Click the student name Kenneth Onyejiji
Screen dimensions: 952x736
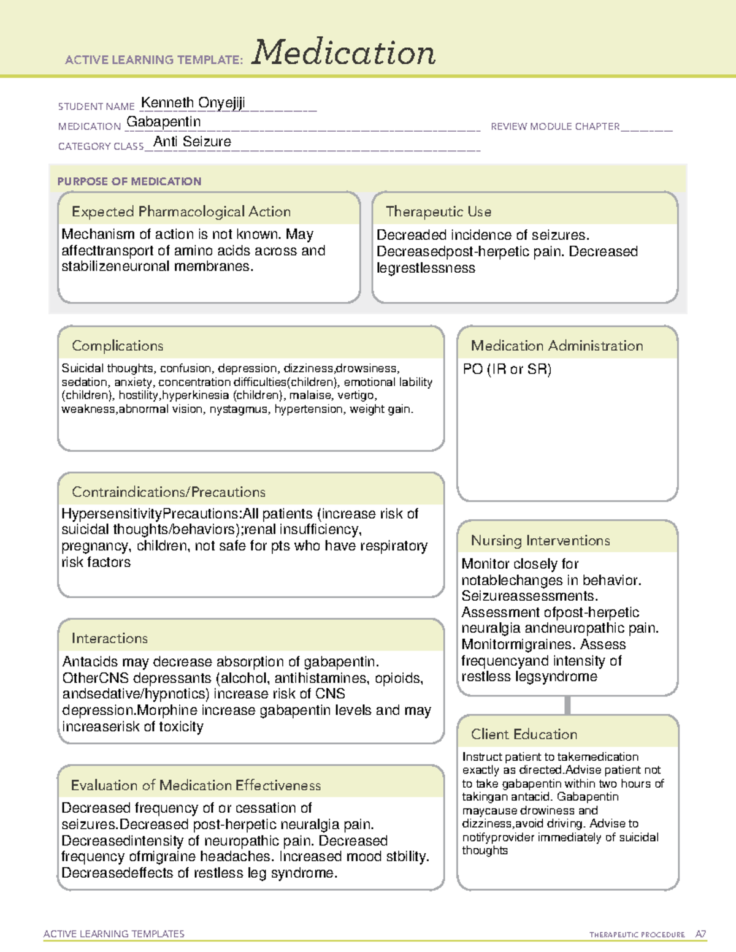[x=193, y=102]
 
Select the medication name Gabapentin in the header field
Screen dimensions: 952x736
[x=163, y=122]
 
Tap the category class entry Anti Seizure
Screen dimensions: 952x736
[x=192, y=142]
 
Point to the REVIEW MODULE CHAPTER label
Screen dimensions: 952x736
[x=555, y=126]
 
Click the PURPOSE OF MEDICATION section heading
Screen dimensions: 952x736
[x=129, y=181]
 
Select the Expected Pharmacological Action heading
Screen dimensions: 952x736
[x=181, y=211]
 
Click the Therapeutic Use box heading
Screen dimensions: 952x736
[x=438, y=211]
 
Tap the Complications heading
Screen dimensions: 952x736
[x=117, y=346]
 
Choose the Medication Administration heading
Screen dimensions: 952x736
[x=556, y=346]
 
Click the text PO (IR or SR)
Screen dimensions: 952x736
[x=507, y=369]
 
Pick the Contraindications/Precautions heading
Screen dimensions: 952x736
[x=168, y=492]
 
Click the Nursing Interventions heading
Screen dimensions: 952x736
[x=540, y=540]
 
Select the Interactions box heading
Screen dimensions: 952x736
[x=109, y=638]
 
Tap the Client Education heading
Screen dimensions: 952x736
[x=524, y=734]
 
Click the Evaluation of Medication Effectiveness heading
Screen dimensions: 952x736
[x=196, y=785]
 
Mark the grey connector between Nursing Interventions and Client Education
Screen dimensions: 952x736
[x=567, y=705]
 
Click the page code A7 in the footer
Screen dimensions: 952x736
[x=700, y=934]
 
